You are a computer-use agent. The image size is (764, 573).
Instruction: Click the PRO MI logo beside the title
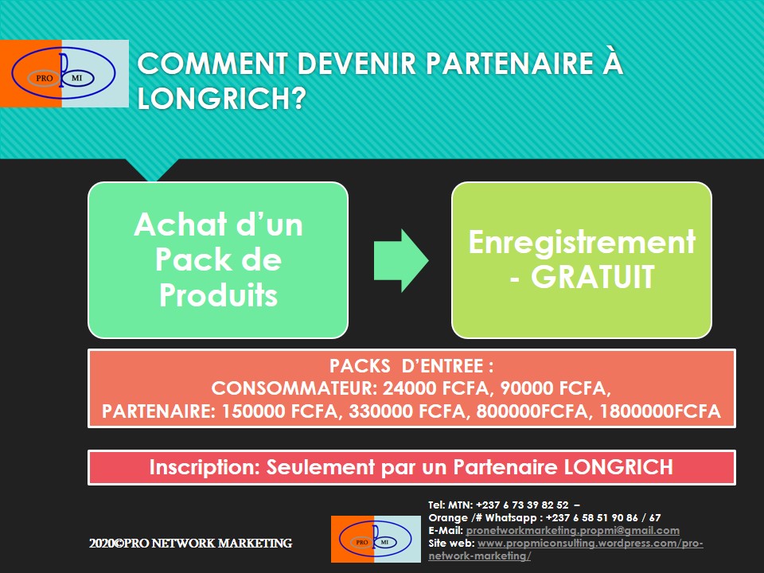[x=64, y=73]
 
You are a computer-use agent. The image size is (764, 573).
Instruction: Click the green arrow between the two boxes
[x=401, y=260]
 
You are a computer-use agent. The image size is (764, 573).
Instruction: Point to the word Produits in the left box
[x=218, y=295]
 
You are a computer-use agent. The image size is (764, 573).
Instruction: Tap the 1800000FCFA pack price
[x=660, y=411]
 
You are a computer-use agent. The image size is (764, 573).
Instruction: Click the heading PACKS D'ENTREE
[x=411, y=368]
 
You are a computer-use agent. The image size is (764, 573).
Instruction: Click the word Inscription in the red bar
[x=198, y=467]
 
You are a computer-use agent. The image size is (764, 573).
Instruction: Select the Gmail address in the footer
[x=572, y=530]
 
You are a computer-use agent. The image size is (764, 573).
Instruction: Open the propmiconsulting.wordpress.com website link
[x=589, y=543]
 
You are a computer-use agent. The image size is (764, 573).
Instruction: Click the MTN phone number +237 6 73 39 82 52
[x=522, y=505]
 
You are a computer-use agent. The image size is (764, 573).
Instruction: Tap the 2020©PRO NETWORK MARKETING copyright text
[x=190, y=544]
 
